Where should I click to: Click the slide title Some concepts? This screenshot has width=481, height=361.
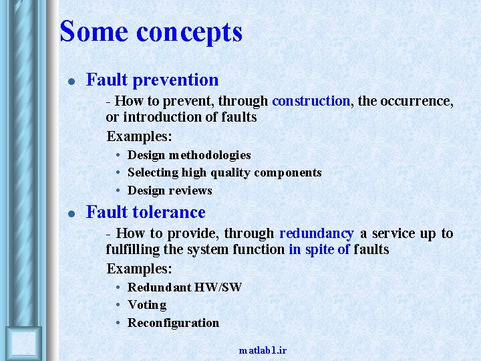151,31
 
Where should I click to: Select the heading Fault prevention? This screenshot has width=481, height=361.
152,80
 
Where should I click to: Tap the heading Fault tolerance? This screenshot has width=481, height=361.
146,213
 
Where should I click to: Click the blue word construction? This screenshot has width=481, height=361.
311,101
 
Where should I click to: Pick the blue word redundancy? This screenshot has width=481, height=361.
316,233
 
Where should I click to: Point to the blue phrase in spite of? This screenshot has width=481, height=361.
319,249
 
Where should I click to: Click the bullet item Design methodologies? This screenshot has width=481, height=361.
189,155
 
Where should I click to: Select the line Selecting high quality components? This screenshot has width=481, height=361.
224,172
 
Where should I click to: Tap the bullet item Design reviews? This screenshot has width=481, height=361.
170,191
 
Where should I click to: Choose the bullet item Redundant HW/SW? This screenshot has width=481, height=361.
184,287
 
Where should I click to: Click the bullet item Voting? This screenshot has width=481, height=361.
147,305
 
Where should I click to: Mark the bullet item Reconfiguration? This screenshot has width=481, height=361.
173,323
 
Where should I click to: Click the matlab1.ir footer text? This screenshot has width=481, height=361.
263,350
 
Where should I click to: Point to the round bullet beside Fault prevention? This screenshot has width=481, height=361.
71,82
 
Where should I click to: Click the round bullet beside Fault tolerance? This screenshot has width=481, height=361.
71,214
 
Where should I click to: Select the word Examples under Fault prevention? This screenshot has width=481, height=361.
139,136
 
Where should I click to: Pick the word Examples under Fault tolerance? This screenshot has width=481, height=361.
139,269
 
